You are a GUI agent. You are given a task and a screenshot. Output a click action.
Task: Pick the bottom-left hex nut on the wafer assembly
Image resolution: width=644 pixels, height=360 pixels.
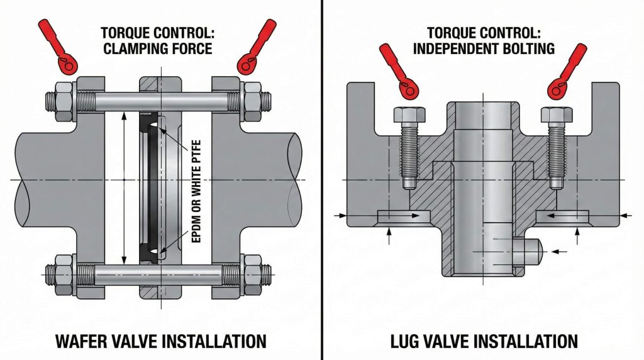point(64,274)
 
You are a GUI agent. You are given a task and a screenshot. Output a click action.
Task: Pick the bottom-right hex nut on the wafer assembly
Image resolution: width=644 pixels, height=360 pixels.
point(252,274)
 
